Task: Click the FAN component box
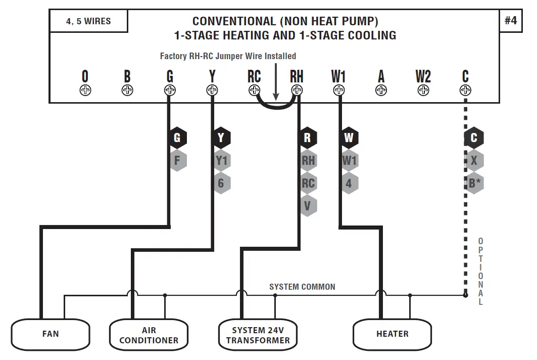51,334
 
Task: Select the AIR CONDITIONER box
149,335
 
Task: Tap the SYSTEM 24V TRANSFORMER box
258,335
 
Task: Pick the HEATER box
392,334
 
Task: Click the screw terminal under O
85,91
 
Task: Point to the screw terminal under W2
423,91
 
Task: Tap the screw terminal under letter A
381,91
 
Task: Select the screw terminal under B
127,91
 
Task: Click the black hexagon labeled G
177,138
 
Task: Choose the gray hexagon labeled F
177,161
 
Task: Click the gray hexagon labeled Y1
221,161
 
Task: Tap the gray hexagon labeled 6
221,183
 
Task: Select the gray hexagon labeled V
308,206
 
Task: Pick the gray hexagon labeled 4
349,183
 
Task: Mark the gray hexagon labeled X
474,161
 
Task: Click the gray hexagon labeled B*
474,183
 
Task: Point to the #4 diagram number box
511,21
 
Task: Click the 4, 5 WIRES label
88,22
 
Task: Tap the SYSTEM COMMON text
302,287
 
